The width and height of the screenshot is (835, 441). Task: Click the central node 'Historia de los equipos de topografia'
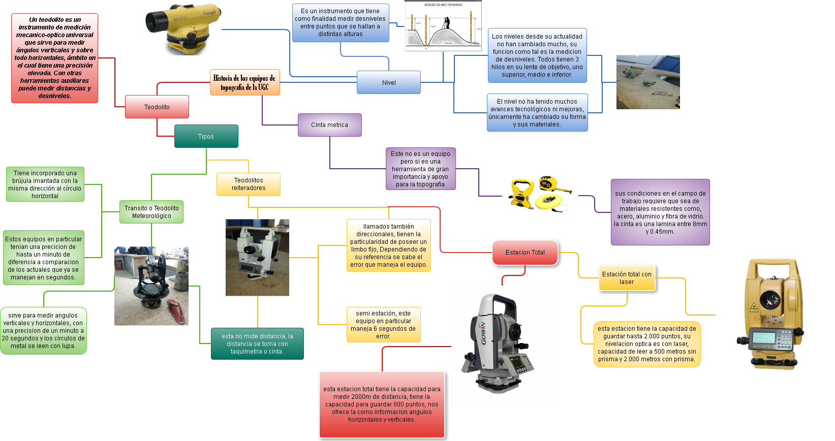click(244, 82)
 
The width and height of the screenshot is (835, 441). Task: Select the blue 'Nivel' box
click(389, 82)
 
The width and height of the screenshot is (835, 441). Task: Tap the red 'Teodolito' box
click(157, 107)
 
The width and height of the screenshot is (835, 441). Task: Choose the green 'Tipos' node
click(206, 136)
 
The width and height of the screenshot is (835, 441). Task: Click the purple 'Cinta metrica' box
click(329, 125)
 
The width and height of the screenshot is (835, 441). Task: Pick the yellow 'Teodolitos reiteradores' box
click(249, 184)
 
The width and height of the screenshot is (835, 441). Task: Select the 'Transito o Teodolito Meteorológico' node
click(151, 212)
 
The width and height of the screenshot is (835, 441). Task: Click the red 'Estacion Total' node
click(525, 253)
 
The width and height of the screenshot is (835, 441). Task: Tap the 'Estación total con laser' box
click(627, 278)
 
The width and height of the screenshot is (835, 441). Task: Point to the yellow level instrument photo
click(183, 29)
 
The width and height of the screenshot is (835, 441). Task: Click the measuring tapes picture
click(540, 196)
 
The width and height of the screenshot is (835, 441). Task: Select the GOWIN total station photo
click(502, 346)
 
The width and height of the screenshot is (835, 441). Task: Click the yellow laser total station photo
click(775, 314)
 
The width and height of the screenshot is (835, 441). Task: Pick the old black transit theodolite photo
click(151, 286)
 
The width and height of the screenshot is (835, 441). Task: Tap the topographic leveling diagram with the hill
click(443, 26)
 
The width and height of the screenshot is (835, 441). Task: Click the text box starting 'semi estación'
click(383, 325)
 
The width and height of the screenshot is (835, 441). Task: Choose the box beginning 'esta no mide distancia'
click(257, 344)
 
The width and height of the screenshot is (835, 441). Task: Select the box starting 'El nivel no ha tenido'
click(537, 113)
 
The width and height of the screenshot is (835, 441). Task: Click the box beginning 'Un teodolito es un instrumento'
click(54, 58)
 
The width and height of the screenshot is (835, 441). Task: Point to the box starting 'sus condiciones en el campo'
click(660, 212)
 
